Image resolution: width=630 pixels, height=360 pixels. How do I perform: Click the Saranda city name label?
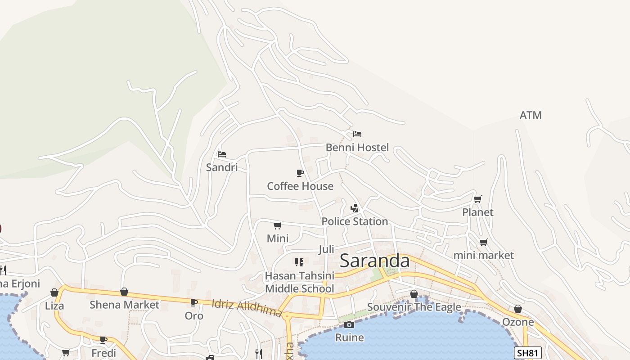coord(374,261)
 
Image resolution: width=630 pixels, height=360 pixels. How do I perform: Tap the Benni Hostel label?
coord(357,148)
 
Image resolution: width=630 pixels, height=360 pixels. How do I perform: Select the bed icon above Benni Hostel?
coord(357,134)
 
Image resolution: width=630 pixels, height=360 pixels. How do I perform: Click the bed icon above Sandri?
coord(222,154)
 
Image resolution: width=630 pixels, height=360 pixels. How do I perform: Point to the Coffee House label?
coord(300,186)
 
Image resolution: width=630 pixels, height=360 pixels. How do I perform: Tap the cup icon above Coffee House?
coord(300,173)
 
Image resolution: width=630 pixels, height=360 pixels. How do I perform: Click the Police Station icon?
coord(355,208)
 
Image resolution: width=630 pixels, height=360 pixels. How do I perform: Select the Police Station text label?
coord(355,221)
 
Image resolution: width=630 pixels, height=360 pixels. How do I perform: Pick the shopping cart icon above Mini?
coord(278,225)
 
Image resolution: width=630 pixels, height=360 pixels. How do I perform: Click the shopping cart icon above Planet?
coord(478,199)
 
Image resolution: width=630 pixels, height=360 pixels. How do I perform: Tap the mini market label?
coord(483,256)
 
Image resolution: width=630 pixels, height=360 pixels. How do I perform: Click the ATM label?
coord(531,116)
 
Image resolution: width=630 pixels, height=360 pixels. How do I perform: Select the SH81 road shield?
coord(527,353)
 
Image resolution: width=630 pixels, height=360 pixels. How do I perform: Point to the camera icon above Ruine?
coord(349,324)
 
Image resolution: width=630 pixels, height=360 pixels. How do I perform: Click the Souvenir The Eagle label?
coord(414,307)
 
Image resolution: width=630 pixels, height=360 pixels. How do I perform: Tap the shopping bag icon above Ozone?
coord(518,309)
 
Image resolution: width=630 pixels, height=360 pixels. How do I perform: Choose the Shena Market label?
coord(124,305)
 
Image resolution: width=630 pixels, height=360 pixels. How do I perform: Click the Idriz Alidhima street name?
coord(247,308)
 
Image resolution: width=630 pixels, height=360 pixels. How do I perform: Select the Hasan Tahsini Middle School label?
coord(300,282)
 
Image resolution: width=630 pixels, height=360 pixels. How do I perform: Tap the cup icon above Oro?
coord(194,302)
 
